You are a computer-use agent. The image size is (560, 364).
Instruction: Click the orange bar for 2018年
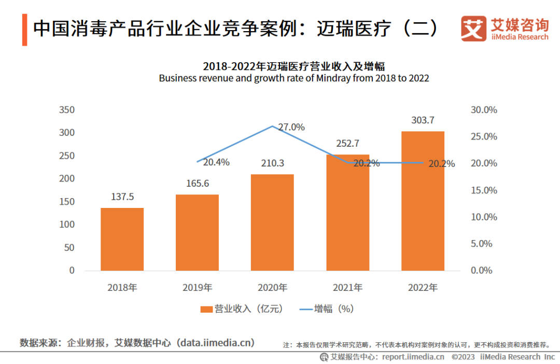(x=122, y=239)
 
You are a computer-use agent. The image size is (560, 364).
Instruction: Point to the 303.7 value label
(x=423, y=120)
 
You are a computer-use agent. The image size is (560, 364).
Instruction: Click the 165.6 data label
(x=197, y=184)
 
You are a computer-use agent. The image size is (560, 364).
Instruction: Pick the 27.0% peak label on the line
(x=291, y=127)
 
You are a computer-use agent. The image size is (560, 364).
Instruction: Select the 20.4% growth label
(x=216, y=162)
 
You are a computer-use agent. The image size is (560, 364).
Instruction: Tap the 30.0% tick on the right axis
(x=484, y=110)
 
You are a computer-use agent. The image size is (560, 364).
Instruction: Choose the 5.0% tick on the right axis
(x=482, y=244)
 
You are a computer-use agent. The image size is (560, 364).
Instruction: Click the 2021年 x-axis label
(x=347, y=287)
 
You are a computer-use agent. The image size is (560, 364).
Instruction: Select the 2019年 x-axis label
(x=197, y=287)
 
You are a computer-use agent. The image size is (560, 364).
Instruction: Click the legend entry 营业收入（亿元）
(x=243, y=309)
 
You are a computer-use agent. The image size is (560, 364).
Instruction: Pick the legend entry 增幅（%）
(x=327, y=309)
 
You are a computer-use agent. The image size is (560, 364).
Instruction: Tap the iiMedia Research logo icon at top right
(x=473, y=29)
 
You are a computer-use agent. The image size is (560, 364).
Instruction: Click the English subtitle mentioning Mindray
(x=293, y=78)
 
